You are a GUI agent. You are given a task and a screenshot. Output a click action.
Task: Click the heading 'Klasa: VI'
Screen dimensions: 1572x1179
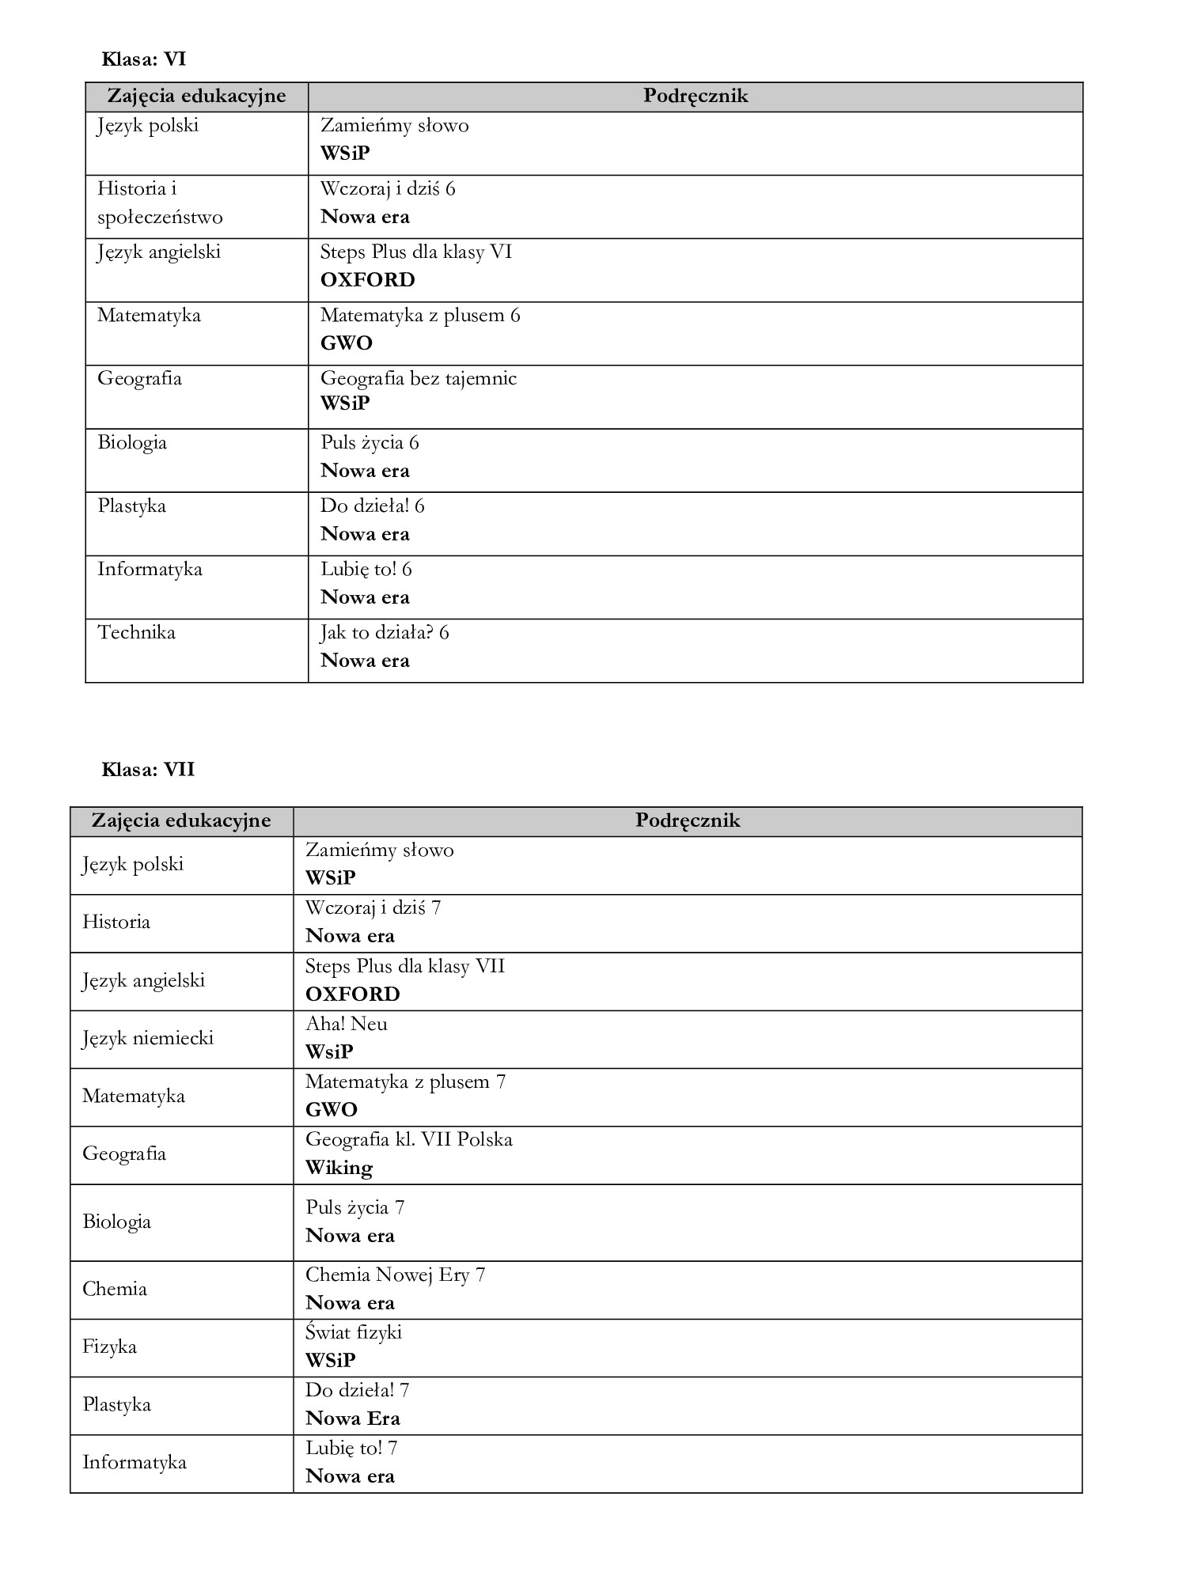144,59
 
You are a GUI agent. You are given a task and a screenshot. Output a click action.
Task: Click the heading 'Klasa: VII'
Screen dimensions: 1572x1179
148,770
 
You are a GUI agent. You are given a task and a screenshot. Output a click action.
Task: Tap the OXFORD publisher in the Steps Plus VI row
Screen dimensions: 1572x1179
367,280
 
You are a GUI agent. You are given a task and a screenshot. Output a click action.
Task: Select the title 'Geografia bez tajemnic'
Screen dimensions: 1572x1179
418,378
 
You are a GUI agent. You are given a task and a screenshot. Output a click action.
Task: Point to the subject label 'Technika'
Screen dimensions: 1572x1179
136,632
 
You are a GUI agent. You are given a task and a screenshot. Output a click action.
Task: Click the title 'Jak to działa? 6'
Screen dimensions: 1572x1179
385,632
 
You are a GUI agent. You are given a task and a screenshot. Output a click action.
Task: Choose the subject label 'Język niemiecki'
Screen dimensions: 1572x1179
148,1038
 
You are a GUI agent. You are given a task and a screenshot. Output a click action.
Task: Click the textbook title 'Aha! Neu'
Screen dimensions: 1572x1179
347,1024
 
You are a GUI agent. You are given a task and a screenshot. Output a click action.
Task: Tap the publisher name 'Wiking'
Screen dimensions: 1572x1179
339,1168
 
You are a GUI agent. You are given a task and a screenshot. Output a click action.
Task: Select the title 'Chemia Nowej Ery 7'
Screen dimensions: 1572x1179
395,1275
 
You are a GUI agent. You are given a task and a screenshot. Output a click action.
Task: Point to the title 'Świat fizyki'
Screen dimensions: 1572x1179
354,1332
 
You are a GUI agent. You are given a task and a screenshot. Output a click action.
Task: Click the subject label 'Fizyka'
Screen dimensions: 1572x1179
109,1347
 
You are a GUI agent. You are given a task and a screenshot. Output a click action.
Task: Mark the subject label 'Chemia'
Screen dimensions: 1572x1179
115,1289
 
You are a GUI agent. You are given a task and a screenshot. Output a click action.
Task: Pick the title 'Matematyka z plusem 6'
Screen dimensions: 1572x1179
420,315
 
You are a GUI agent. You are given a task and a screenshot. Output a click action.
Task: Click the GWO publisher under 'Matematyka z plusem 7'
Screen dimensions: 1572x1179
332,1110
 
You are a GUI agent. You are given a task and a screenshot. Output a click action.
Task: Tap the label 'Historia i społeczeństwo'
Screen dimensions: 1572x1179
160,203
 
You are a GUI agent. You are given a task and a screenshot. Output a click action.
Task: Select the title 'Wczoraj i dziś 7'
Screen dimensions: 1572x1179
373,907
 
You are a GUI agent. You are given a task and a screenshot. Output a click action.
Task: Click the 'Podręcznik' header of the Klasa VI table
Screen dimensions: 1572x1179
695,97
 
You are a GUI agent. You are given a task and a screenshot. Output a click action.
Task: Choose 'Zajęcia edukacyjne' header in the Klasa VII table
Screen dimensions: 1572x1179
181,820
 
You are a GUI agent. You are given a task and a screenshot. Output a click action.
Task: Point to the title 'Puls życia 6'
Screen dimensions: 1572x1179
370,442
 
